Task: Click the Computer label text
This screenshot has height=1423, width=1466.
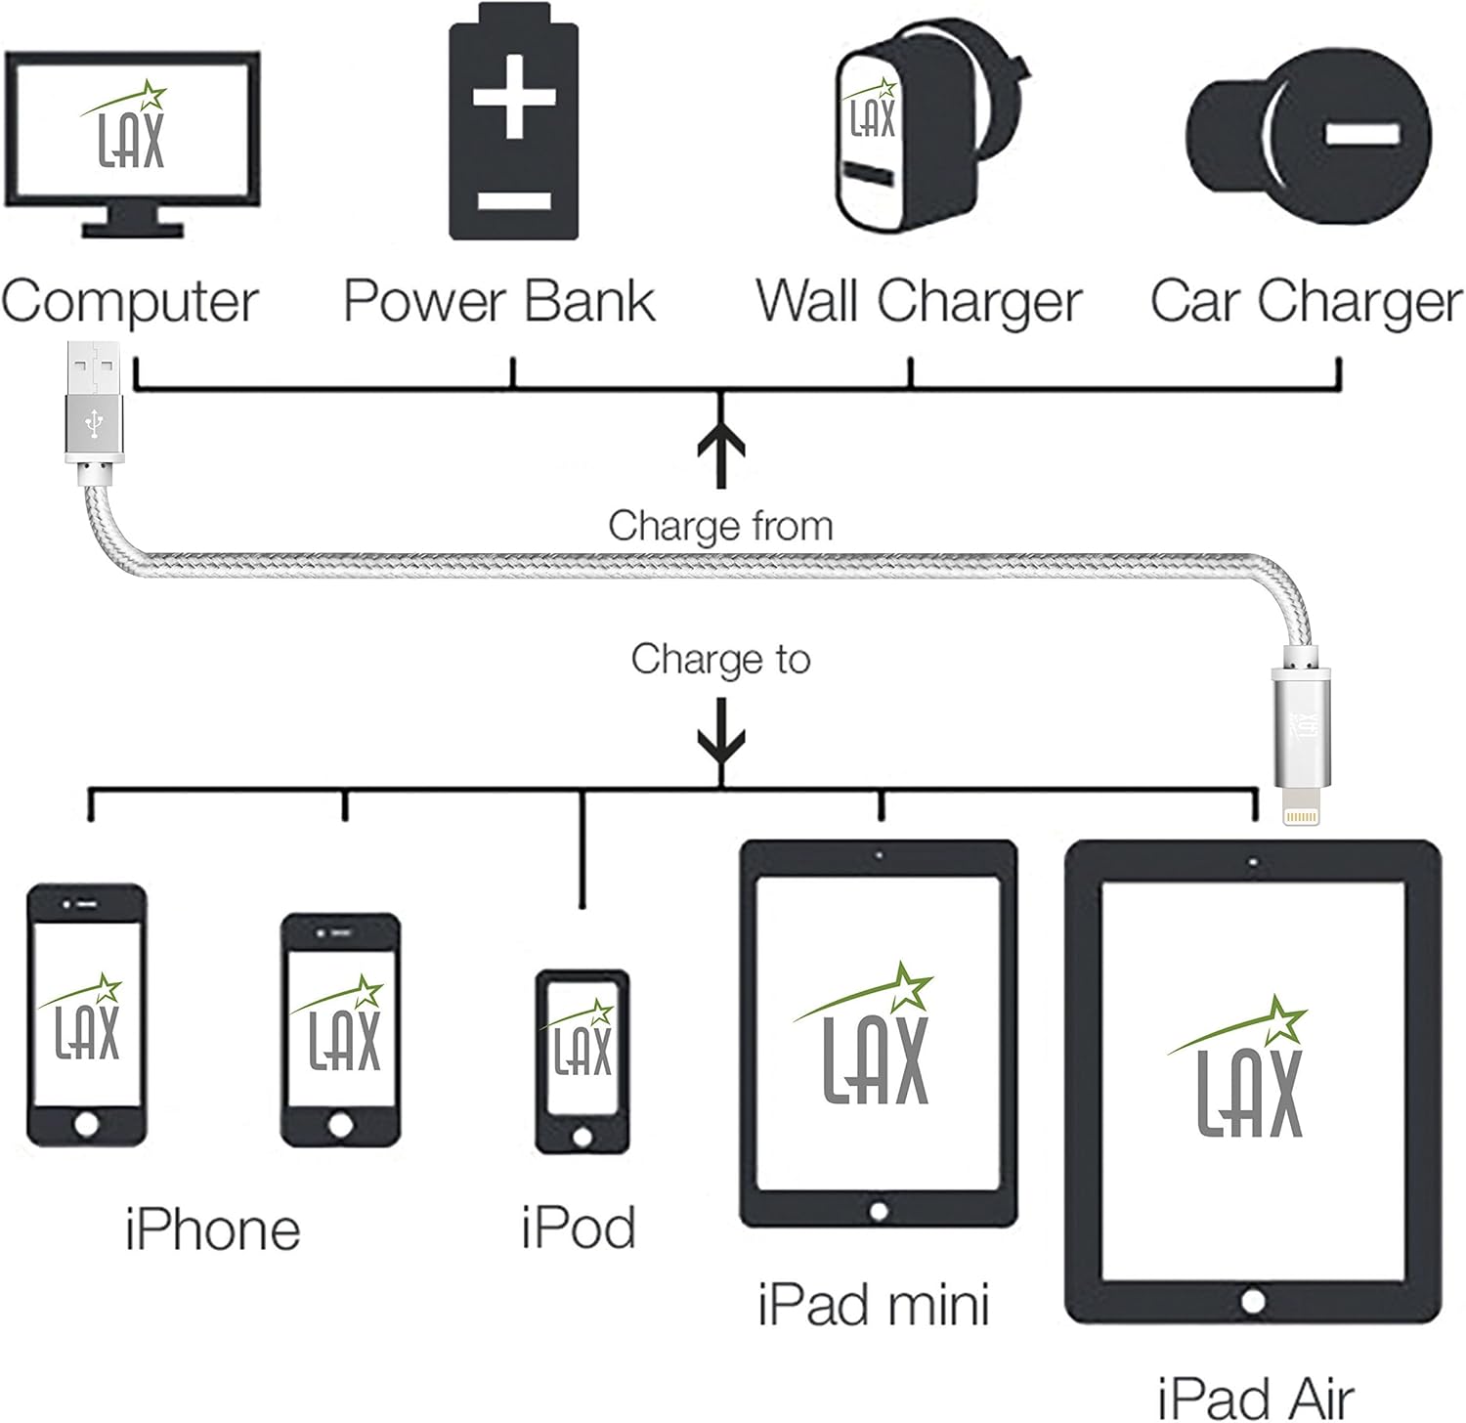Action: (x=130, y=302)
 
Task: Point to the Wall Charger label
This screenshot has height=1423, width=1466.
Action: (x=919, y=302)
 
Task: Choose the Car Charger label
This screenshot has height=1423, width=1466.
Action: (x=1306, y=302)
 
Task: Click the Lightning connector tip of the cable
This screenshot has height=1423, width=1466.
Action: (x=1300, y=817)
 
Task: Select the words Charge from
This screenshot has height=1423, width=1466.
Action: (x=720, y=526)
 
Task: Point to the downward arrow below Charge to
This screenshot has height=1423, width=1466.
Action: (x=721, y=749)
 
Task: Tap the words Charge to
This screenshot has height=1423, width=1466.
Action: (x=720, y=659)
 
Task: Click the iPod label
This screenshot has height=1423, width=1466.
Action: (x=579, y=1228)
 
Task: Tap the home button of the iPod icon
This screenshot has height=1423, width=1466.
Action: (x=582, y=1137)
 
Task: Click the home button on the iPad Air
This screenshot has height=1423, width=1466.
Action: (x=1253, y=1301)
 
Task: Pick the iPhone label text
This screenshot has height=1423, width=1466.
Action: (x=212, y=1229)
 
